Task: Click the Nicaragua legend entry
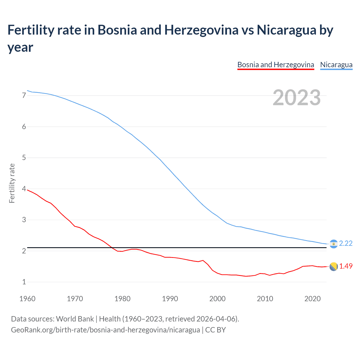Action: (x=336, y=65)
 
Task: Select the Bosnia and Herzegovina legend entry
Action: (x=276, y=65)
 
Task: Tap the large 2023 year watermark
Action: (x=296, y=98)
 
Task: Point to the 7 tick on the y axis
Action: (x=24, y=96)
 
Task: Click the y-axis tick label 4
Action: (x=24, y=189)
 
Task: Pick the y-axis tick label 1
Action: (x=24, y=282)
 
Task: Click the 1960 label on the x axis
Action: (x=27, y=299)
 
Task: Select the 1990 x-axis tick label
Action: (x=170, y=299)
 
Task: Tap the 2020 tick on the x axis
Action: (x=312, y=299)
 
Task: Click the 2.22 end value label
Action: (x=346, y=243)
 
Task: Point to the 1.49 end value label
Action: (x=346, y=266)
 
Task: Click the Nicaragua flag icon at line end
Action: (x=334, y=244)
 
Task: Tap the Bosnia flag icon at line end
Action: (x=334, y=267)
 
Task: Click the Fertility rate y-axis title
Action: (x=12, y=183)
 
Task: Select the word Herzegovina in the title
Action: (x=201, y=30)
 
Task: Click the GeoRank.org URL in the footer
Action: (x=105, y=330)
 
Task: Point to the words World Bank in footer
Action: (x=75, y=319)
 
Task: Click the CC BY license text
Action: (x=215, y=330)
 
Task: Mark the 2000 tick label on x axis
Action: (x=217, y=299)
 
